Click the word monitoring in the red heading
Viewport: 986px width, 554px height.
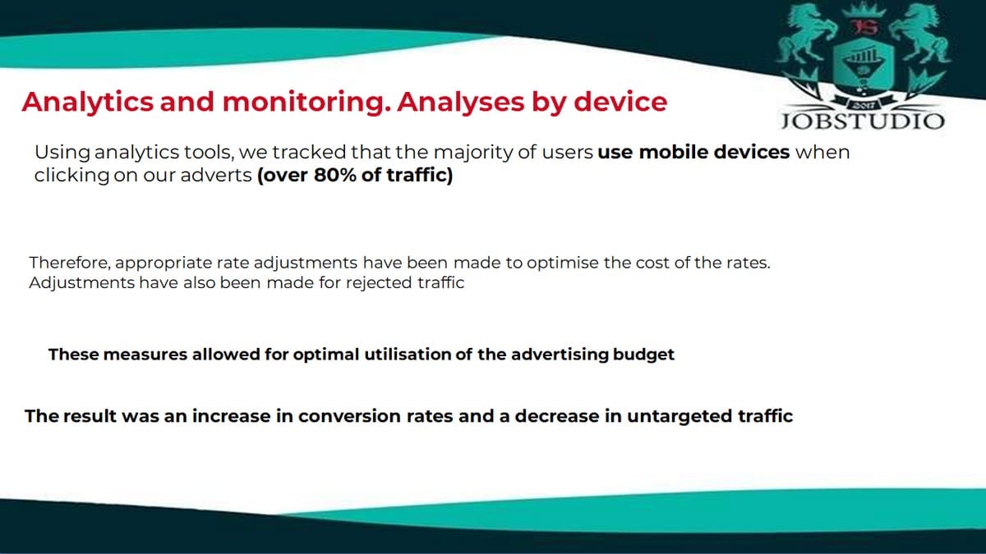click(x=306, y=103)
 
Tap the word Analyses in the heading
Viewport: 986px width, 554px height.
click(x=460, y=103)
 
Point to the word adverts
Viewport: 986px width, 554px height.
click(x=215, y=175)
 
